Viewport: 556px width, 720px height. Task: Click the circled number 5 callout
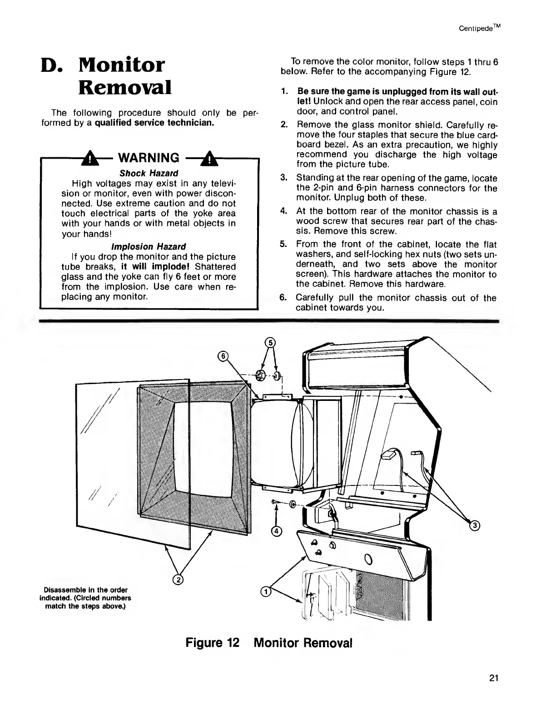270,342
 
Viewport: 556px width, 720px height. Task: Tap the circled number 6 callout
222,356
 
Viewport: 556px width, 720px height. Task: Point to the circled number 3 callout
475,526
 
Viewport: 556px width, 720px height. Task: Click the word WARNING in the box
149,158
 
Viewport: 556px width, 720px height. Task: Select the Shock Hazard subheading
149,173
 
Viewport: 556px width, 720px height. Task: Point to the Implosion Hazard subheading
149,246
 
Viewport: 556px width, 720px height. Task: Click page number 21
494,679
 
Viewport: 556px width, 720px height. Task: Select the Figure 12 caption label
212,643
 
